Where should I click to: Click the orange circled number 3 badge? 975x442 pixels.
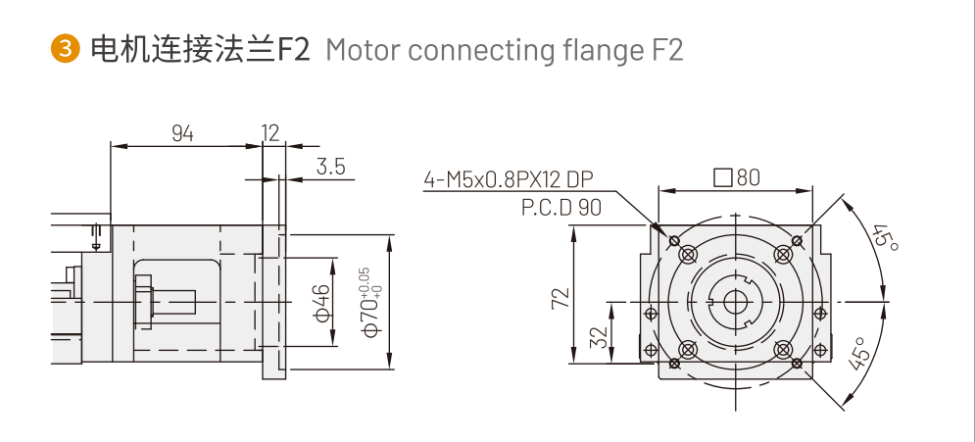[x=65, y=49]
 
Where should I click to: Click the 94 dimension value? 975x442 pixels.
[x=183, y=133]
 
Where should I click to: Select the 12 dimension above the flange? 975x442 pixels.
[x=271, y=133]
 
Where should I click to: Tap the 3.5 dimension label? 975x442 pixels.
[x=331, y=167]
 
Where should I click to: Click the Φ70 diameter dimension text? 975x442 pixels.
[x=369, y=303]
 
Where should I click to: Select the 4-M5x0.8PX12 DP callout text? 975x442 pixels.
[x=508, y=180]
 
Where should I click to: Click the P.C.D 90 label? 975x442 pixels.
[x=561, y=207]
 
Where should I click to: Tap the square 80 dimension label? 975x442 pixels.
[x=737, y=178]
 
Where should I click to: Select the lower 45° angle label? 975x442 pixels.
[x=859, y=354]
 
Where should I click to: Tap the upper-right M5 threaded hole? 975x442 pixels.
[x=782, y=255]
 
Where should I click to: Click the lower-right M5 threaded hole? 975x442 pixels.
[x=782, y=350]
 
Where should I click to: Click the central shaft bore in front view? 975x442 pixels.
[x=734, y=302]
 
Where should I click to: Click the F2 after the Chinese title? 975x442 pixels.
[x=292, y=49]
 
